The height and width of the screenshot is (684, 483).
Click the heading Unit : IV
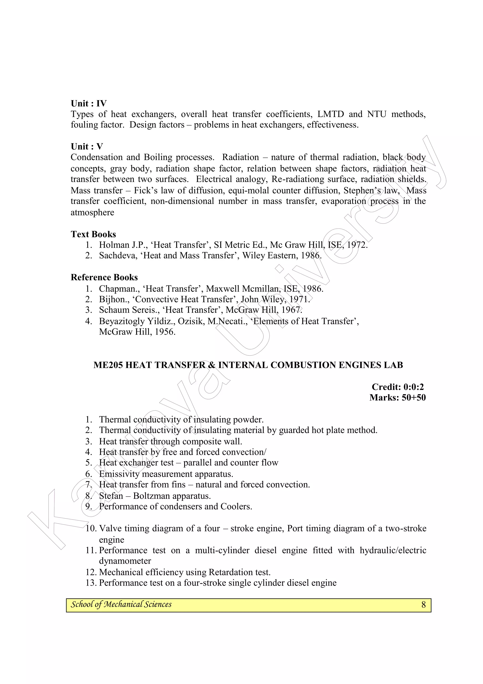[x=88, y=103]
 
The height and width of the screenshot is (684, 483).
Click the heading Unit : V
[x=87, y=146]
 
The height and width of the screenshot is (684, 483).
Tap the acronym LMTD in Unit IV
[x=330, y=114]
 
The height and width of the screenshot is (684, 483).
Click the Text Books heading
[x=93, y=234]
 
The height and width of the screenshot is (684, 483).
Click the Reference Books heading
[x=104, y=277]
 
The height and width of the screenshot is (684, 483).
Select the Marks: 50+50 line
[x=397, y=398]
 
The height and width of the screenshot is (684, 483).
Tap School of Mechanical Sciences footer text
[x=121, y=604]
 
